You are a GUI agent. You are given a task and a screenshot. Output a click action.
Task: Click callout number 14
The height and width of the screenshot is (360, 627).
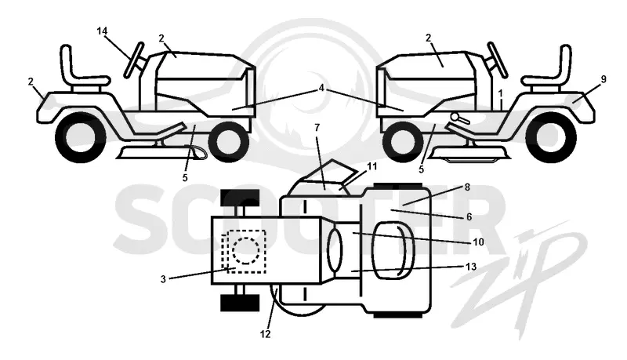click(x=103, y=31)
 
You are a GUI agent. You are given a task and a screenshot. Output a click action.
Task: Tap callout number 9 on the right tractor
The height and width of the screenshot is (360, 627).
click(x=603, y=79)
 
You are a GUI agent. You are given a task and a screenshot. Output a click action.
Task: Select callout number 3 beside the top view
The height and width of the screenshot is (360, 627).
click(x=163, y=279)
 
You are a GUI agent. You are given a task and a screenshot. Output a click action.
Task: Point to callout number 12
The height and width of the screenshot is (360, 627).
click(x=265, y=333)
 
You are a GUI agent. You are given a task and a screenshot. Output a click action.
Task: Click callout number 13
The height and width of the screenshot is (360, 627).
click(x=472, y=267)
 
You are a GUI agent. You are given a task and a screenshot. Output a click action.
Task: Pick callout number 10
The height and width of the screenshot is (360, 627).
click(x=478, y=242)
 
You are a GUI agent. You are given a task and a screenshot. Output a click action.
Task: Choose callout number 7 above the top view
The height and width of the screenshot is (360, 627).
click(x=317, y=128)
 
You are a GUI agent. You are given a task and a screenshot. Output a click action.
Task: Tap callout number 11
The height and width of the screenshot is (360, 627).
click(x=371, y=166)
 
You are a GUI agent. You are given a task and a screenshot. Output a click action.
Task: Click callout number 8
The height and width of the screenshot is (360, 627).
click(x=467, y=187)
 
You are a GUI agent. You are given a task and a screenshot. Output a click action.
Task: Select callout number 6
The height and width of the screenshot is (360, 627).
click(x=469, y=216)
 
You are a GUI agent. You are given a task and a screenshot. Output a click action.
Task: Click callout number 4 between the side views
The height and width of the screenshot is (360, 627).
click(x=321, y=89)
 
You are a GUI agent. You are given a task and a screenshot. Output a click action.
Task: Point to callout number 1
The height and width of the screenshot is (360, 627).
click(x=500, y=93)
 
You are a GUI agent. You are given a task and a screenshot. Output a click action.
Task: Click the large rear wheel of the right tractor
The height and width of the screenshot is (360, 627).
click(x=551, y=137)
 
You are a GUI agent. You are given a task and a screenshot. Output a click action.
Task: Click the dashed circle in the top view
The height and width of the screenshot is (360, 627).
click(x=246, y=251)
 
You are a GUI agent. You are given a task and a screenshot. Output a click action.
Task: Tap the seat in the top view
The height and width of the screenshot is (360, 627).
click(x=393, y=251)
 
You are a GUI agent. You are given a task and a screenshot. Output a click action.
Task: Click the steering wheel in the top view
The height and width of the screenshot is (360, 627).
click(x=335, y=251)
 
